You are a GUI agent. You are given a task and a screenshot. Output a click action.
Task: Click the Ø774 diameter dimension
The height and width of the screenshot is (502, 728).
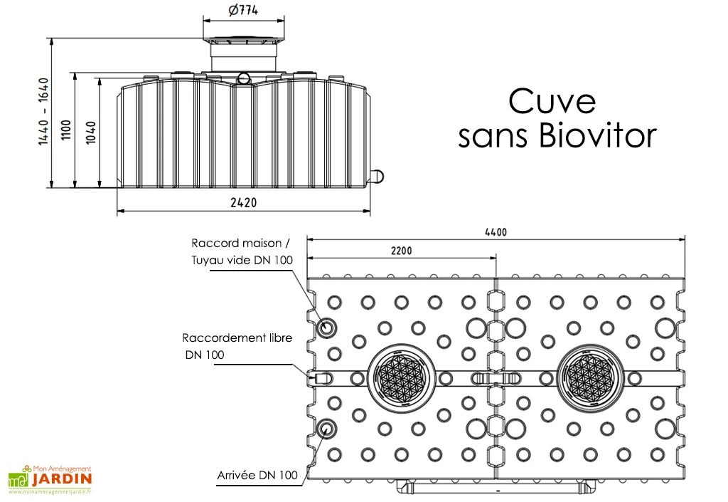pos(243,11)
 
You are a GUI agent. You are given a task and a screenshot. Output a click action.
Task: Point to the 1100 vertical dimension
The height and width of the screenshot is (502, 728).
pos(65,130)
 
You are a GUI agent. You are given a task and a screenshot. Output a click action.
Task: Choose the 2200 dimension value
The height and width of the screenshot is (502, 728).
pos(400,251)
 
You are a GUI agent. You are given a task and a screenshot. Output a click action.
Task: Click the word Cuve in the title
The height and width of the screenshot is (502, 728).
pos(552,102)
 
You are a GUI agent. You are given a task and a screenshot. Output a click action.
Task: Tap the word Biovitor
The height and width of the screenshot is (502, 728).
pos(597,136)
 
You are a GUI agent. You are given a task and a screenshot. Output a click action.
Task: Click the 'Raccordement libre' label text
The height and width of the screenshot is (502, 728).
pos(237,338)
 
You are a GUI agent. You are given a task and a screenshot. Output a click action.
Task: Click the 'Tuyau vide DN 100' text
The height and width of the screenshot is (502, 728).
pos(242,261)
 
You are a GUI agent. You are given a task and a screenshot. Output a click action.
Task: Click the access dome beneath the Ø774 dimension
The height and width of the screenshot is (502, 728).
pos(243,53)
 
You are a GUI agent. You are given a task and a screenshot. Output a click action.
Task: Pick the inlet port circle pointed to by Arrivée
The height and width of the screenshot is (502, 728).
pos(328,428)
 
